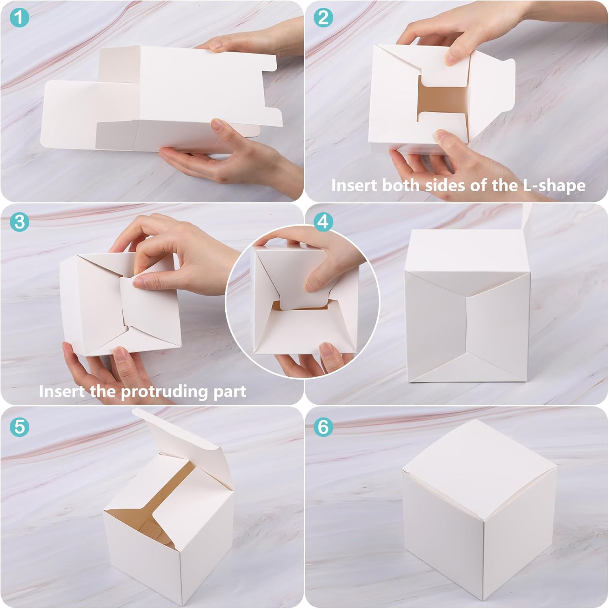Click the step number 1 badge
pos(19,18)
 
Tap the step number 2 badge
pos(323,18)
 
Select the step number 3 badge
pos(19,222)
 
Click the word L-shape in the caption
pos(554,186)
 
